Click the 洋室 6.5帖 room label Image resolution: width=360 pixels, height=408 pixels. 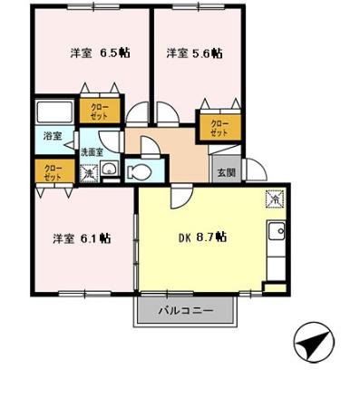[x=100, y=53]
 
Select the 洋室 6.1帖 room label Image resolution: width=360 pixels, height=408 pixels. [x=82, y=238]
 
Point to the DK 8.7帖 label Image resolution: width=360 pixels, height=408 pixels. [x=201, y=238]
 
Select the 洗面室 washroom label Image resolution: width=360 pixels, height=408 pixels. [x=92, y=151]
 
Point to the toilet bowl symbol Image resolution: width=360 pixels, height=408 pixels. [x=141, y=170]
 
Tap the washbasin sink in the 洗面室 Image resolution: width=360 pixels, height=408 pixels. [x=108, y=169]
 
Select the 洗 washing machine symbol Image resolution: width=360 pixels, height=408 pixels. [x=89, y=172]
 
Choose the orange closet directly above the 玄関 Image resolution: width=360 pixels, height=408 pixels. [x=219, y=126]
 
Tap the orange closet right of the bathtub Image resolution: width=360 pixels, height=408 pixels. [x=99, y=112]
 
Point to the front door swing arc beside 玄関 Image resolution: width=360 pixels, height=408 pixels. [x=252, y=167]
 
